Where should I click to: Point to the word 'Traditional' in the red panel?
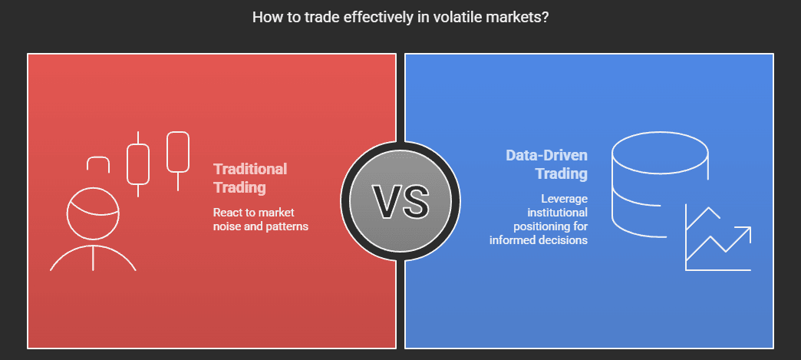(250, 169)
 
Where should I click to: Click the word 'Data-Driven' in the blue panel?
(546, 155)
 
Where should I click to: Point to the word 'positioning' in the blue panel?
(551, 226)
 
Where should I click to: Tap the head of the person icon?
(93, 213)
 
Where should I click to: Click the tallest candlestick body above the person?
(178, 152)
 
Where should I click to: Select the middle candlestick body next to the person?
(138, 163)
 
